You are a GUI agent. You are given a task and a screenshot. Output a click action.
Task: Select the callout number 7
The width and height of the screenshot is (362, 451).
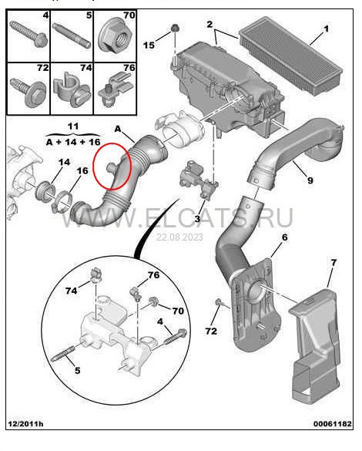coord(333,263)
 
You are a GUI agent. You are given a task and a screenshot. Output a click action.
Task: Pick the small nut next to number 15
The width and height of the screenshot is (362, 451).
coord(176,29)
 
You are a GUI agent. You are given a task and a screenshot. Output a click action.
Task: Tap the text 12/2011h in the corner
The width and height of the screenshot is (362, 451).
coord(25,445)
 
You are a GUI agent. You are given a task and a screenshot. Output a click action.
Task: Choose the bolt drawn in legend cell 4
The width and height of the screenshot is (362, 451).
coord(25,34)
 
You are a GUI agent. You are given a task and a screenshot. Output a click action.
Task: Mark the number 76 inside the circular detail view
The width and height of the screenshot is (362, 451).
coord(154,275)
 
